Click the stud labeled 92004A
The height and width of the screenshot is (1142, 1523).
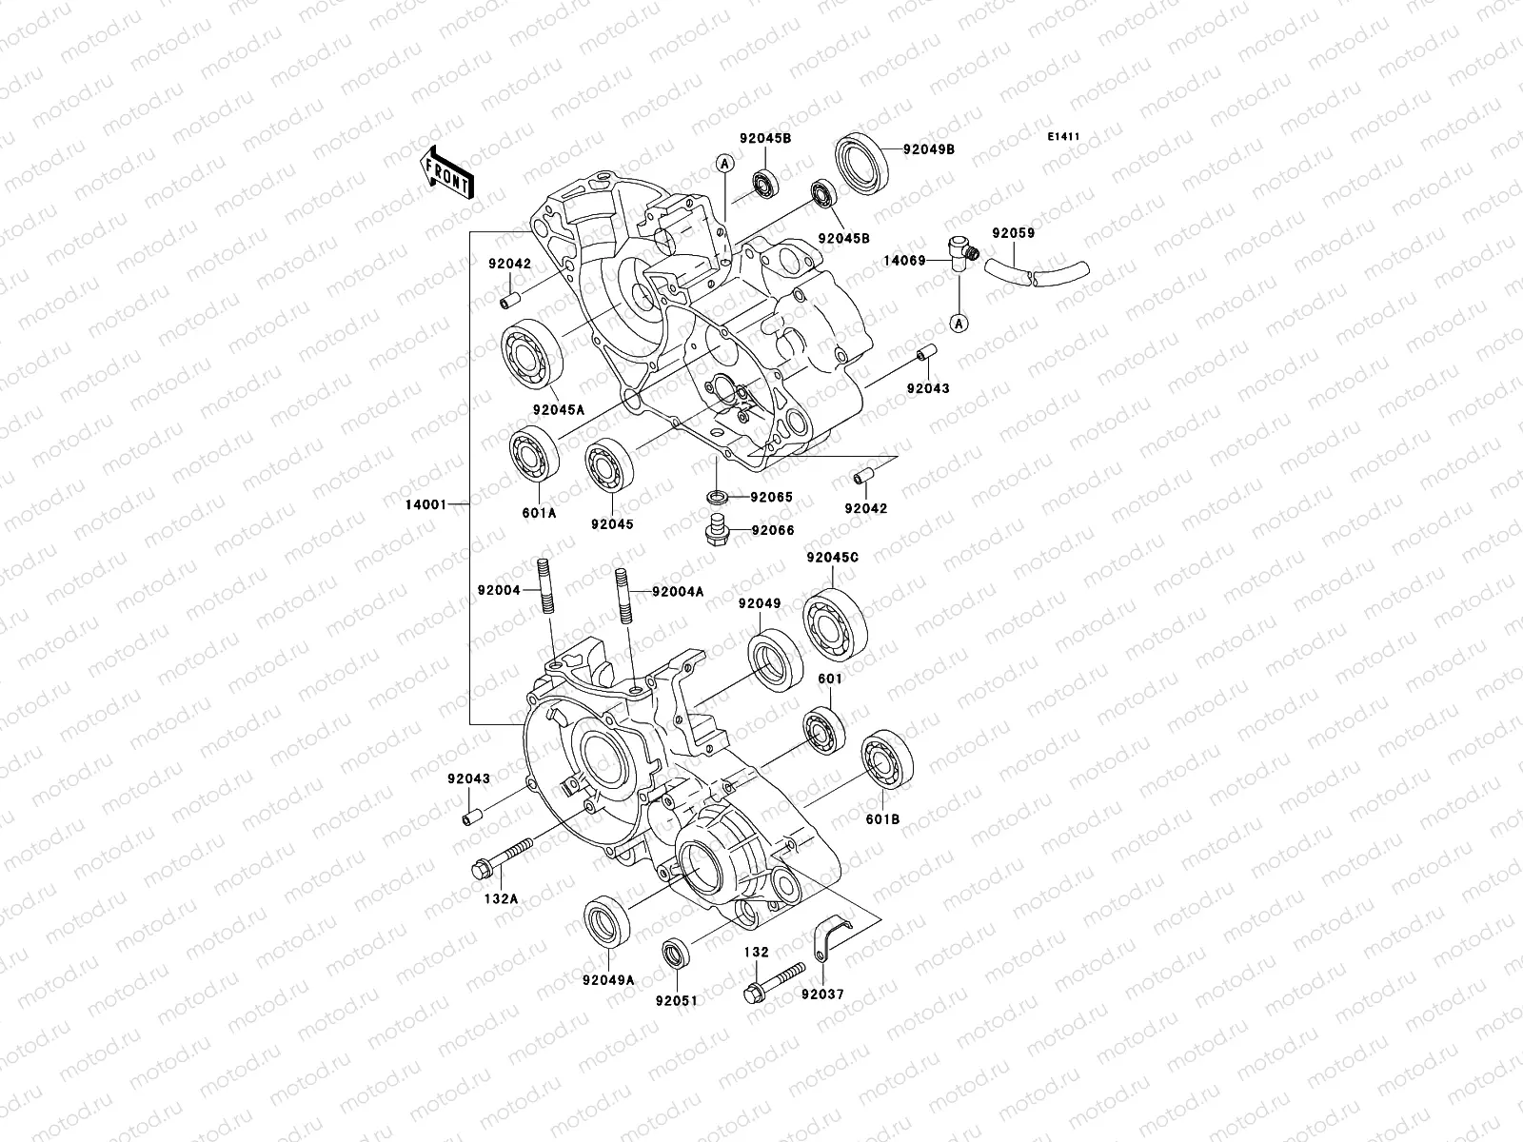tap(622, 593)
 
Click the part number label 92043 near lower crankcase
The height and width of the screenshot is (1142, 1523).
tap(468, 778)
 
